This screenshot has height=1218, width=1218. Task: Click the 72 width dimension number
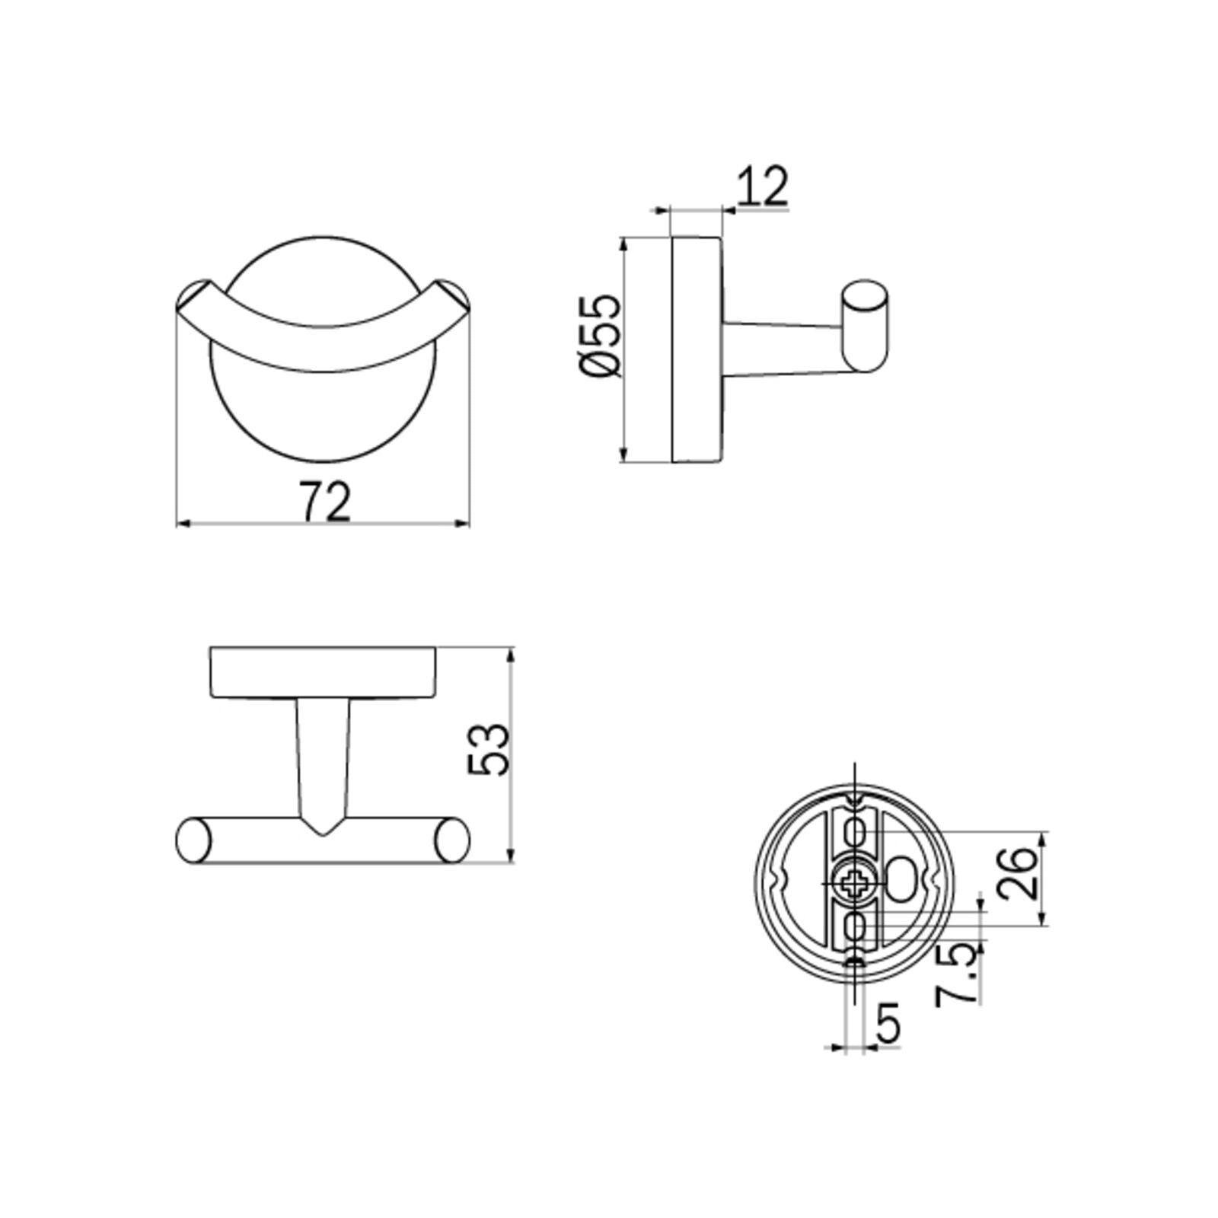pos(326,501)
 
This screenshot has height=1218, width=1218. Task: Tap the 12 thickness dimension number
pos(762,186)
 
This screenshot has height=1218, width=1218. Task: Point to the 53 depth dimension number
pos(488,750)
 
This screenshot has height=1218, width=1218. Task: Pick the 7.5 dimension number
pos(958,974)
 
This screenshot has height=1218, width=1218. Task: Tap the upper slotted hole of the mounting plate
pos(856,834)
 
